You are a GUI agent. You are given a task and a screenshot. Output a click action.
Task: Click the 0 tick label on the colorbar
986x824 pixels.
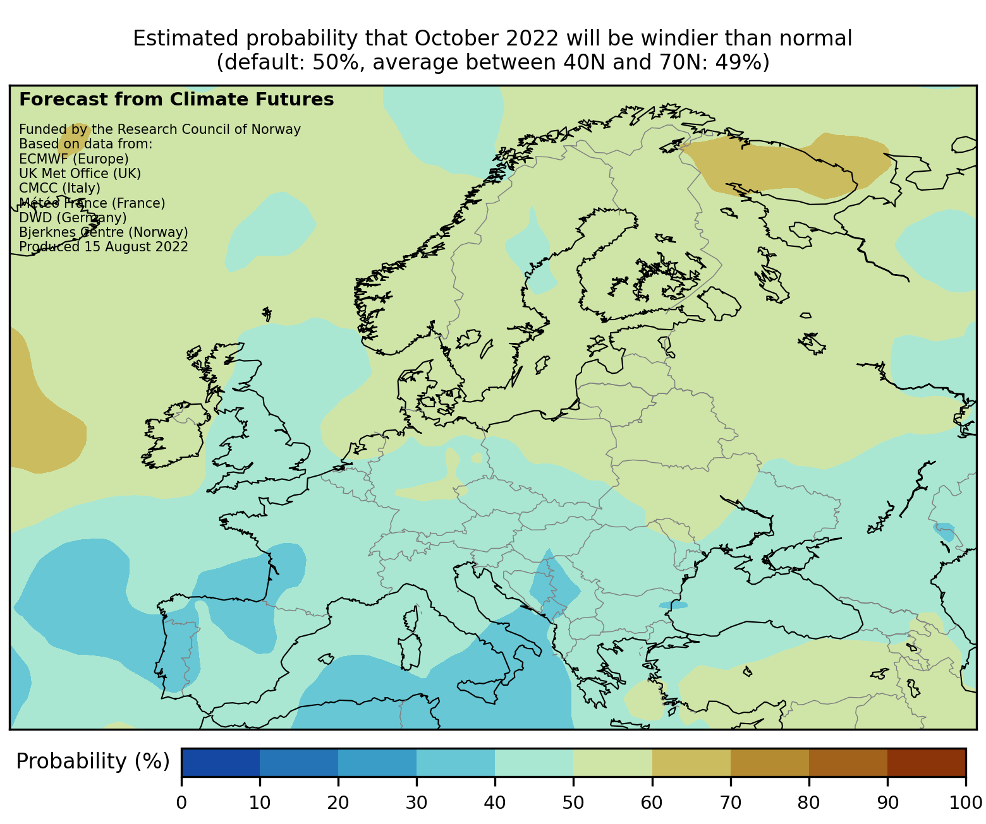[181, 803]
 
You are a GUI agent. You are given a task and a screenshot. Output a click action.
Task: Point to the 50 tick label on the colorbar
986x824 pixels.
[573, 803]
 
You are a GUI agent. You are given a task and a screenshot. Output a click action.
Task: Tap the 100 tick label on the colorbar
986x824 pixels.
[965, 803]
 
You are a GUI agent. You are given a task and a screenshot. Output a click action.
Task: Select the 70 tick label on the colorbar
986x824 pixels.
[730, 803]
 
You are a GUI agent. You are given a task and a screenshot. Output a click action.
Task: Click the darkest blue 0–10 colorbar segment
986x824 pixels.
[221, 762]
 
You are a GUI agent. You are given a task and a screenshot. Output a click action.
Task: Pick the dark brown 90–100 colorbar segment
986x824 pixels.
[926, 762]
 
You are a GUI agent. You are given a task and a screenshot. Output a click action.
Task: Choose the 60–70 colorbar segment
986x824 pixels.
[691, 762]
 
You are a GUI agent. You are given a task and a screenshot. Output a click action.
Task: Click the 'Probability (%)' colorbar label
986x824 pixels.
[93, 761]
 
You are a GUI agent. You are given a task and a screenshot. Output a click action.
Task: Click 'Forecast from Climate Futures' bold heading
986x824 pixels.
[176, 100]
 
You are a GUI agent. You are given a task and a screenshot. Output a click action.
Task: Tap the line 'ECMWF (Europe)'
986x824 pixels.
[74, 158]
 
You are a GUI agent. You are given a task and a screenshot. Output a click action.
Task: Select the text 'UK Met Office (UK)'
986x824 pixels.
[80, 173]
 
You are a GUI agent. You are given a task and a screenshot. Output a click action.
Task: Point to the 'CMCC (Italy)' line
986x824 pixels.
[60, 188]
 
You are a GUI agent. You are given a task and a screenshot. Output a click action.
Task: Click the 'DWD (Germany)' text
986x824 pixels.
[73, 217]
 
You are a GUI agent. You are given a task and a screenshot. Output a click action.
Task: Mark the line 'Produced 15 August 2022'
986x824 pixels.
[104, 246]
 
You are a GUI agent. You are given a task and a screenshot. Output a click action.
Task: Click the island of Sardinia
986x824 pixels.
[410, 651]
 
